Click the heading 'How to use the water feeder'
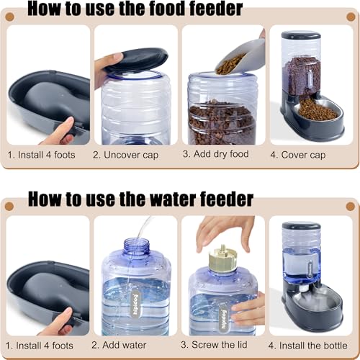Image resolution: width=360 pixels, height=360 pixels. click(x=140, y=198)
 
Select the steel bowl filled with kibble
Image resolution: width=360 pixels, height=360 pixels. click(x=316, y=109)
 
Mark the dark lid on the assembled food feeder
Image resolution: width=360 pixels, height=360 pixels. click(x=301, y=35)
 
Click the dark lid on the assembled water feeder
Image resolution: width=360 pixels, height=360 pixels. click(x=301, y=226)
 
